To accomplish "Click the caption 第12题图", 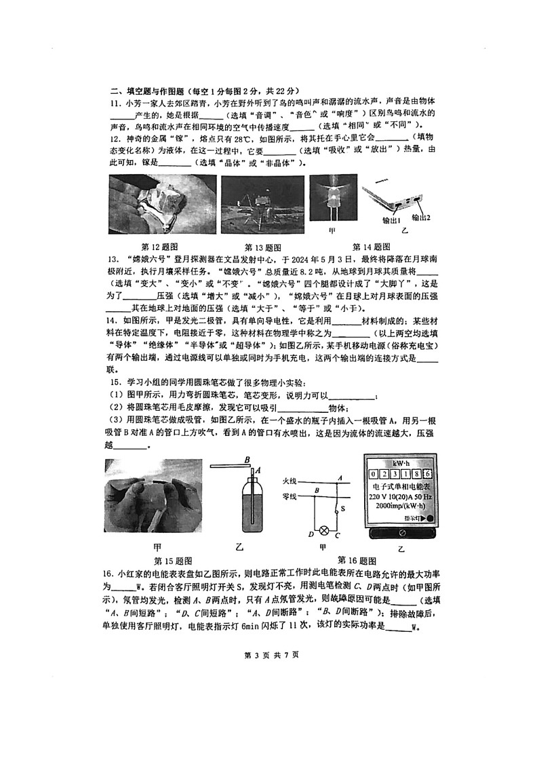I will [159, 247].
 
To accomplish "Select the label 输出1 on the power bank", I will [392, 220].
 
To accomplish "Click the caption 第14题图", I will [372, 247].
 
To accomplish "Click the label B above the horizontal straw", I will [247, 458].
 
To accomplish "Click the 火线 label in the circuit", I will [290, 481].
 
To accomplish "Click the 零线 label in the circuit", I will [290, 496].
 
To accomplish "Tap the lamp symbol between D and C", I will [324, 529].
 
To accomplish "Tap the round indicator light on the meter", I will [429, 520].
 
